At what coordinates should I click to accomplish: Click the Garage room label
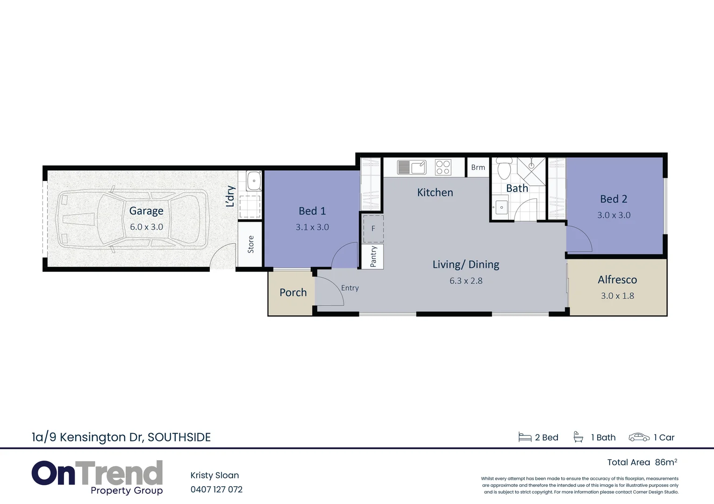(146, 211)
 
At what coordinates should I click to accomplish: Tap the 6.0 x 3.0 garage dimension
(146, 227)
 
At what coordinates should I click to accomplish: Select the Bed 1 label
(312, 211)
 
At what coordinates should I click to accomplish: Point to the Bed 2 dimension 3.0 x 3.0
(614, 215)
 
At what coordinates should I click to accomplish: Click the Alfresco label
(617, 280)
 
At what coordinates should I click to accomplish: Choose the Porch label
(293, 293)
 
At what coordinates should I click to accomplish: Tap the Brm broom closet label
(478, 168)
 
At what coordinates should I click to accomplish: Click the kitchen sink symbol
(412, 167)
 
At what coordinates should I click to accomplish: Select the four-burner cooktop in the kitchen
(443, 167)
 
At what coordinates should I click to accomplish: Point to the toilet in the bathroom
(504, 169)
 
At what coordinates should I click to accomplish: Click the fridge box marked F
(373, 229)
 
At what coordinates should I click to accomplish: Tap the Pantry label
(373, 257)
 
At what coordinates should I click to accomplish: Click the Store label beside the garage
(250, 245)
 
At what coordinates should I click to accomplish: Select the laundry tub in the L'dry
(254, 181)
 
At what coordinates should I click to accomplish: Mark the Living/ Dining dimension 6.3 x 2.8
(466, 281)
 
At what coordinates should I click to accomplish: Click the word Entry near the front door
(350, 288)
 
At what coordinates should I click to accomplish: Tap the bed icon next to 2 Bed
(525, 437)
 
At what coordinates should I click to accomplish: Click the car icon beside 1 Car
(639, 437)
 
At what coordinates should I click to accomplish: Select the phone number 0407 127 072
(216, 490)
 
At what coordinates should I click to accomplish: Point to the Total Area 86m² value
(666, 462)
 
